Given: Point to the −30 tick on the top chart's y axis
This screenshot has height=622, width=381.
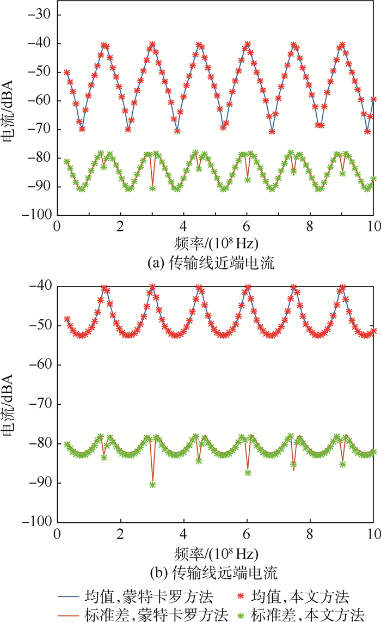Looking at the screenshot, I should [x=41, y=15].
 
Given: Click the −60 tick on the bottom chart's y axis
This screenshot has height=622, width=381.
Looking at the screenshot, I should [x=41, y=365].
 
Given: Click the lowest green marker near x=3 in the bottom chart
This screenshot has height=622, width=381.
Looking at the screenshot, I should [x=152, y=484].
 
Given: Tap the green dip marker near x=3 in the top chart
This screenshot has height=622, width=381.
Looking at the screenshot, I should [x=152, y=188].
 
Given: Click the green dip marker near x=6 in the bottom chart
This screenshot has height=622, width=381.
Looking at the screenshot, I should [x=248, y=473].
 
